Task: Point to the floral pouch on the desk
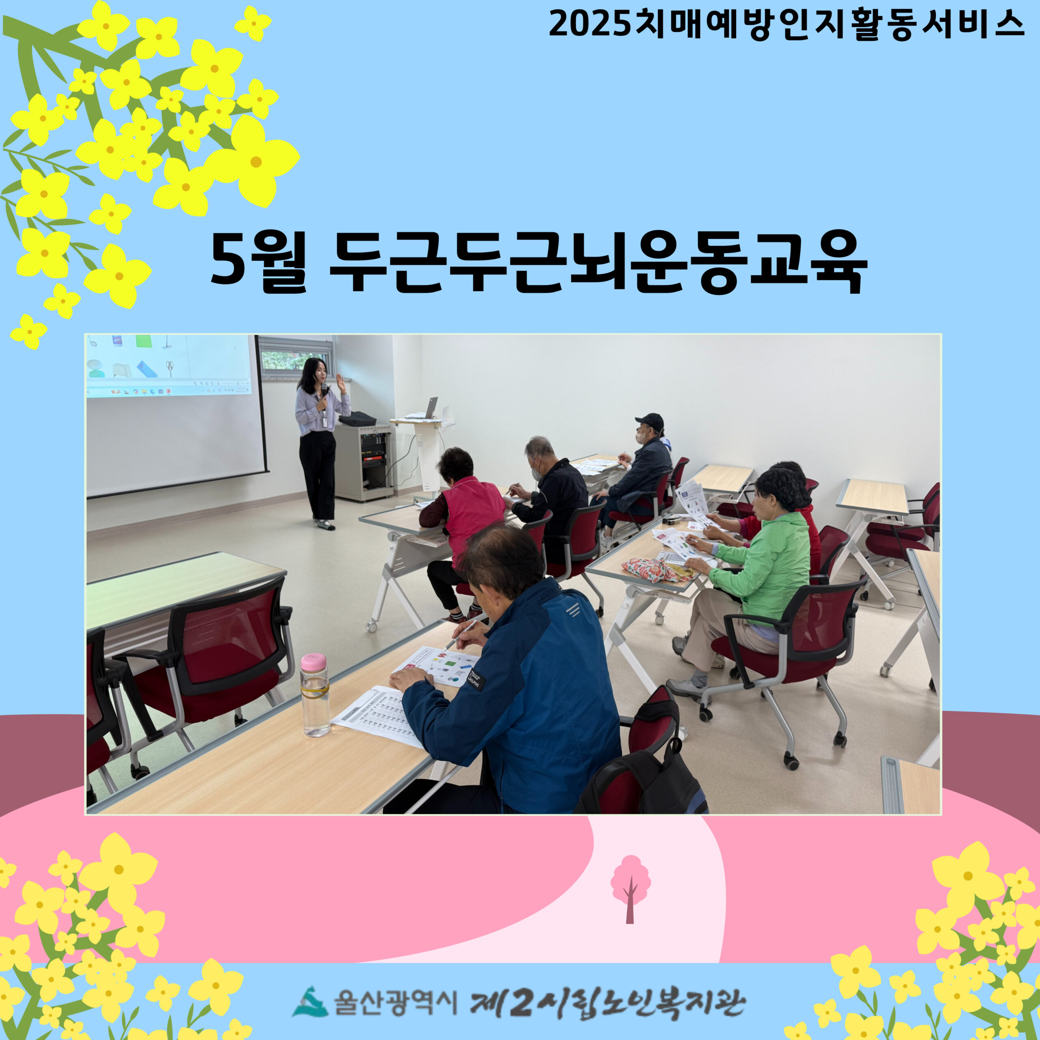[x=656, y=570]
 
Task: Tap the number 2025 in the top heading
[x=589, y=25]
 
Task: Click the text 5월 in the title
[x=258, y=263]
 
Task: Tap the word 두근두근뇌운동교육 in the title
[x=598, y=263]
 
